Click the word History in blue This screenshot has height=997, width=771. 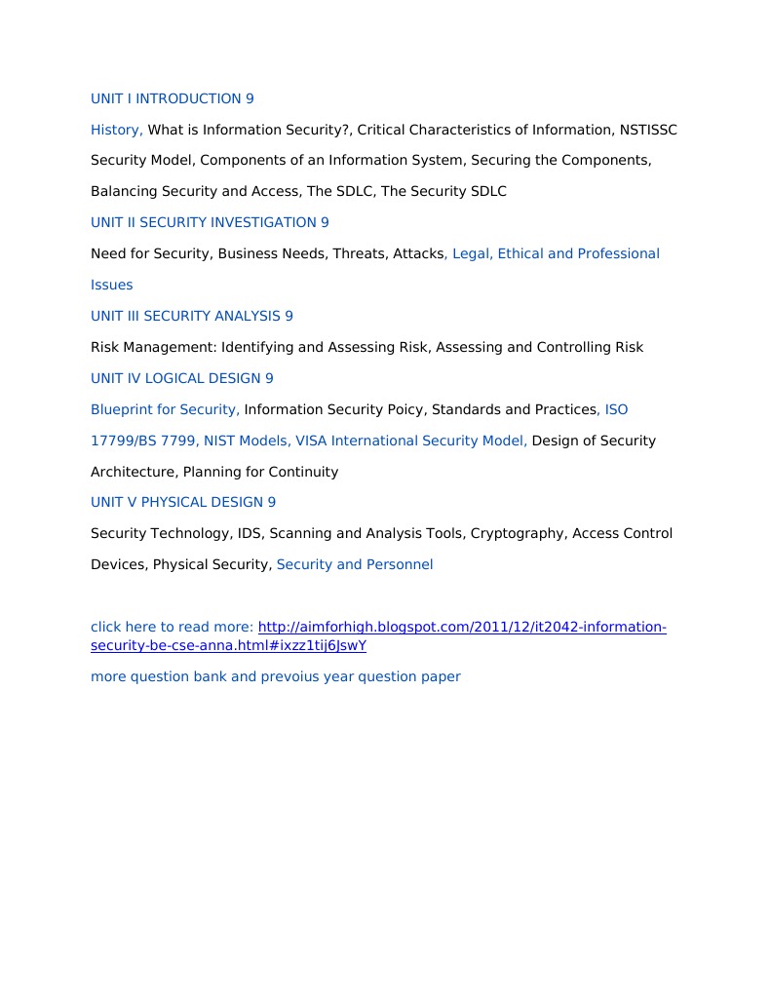coord(115,130)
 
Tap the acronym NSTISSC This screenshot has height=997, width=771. coord(648,130)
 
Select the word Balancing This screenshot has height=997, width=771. coord(123,192)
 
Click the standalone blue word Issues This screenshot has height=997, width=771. coord(111,285)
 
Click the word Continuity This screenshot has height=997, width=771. coord(303,472)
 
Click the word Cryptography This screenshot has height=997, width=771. coord(518,534)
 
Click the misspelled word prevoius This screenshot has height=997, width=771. coord(290,676)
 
